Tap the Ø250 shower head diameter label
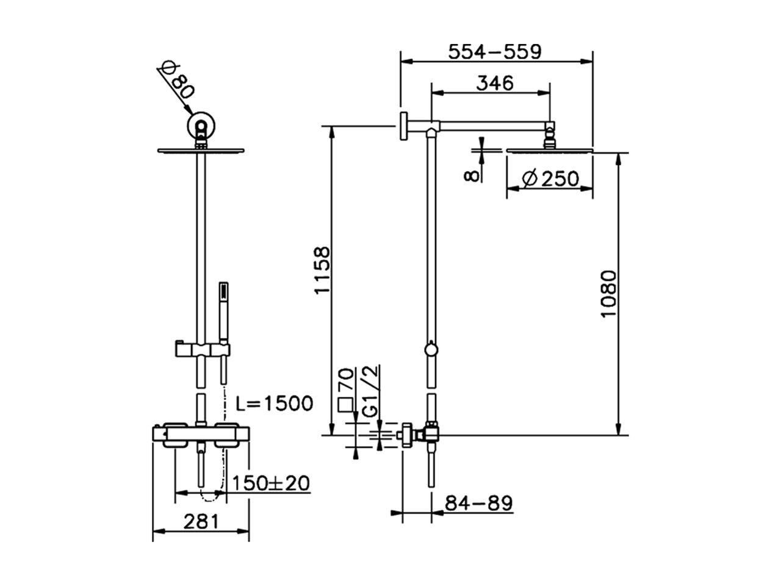(550, 179)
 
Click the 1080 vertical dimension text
(610, 293)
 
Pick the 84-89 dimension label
(478, 504)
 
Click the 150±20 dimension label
(271, 483)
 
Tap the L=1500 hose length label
(274, 403)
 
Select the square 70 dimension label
(346, 391)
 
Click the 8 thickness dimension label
(469, 175)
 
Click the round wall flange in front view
(201, 126)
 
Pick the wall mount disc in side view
(403, 126)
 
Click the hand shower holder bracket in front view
(201, 350)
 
